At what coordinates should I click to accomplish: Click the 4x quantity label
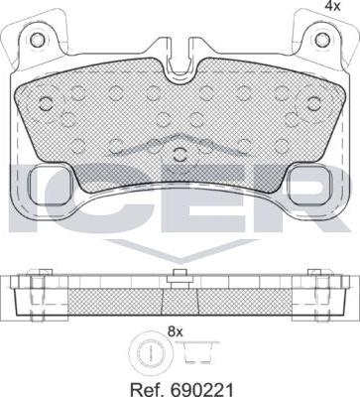click(333, 6)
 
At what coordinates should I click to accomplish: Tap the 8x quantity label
click(176, 331)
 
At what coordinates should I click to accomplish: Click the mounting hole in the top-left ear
click(37, 40)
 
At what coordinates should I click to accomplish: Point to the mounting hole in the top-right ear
click(322, 40)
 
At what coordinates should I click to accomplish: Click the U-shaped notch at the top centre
click(180, 57)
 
